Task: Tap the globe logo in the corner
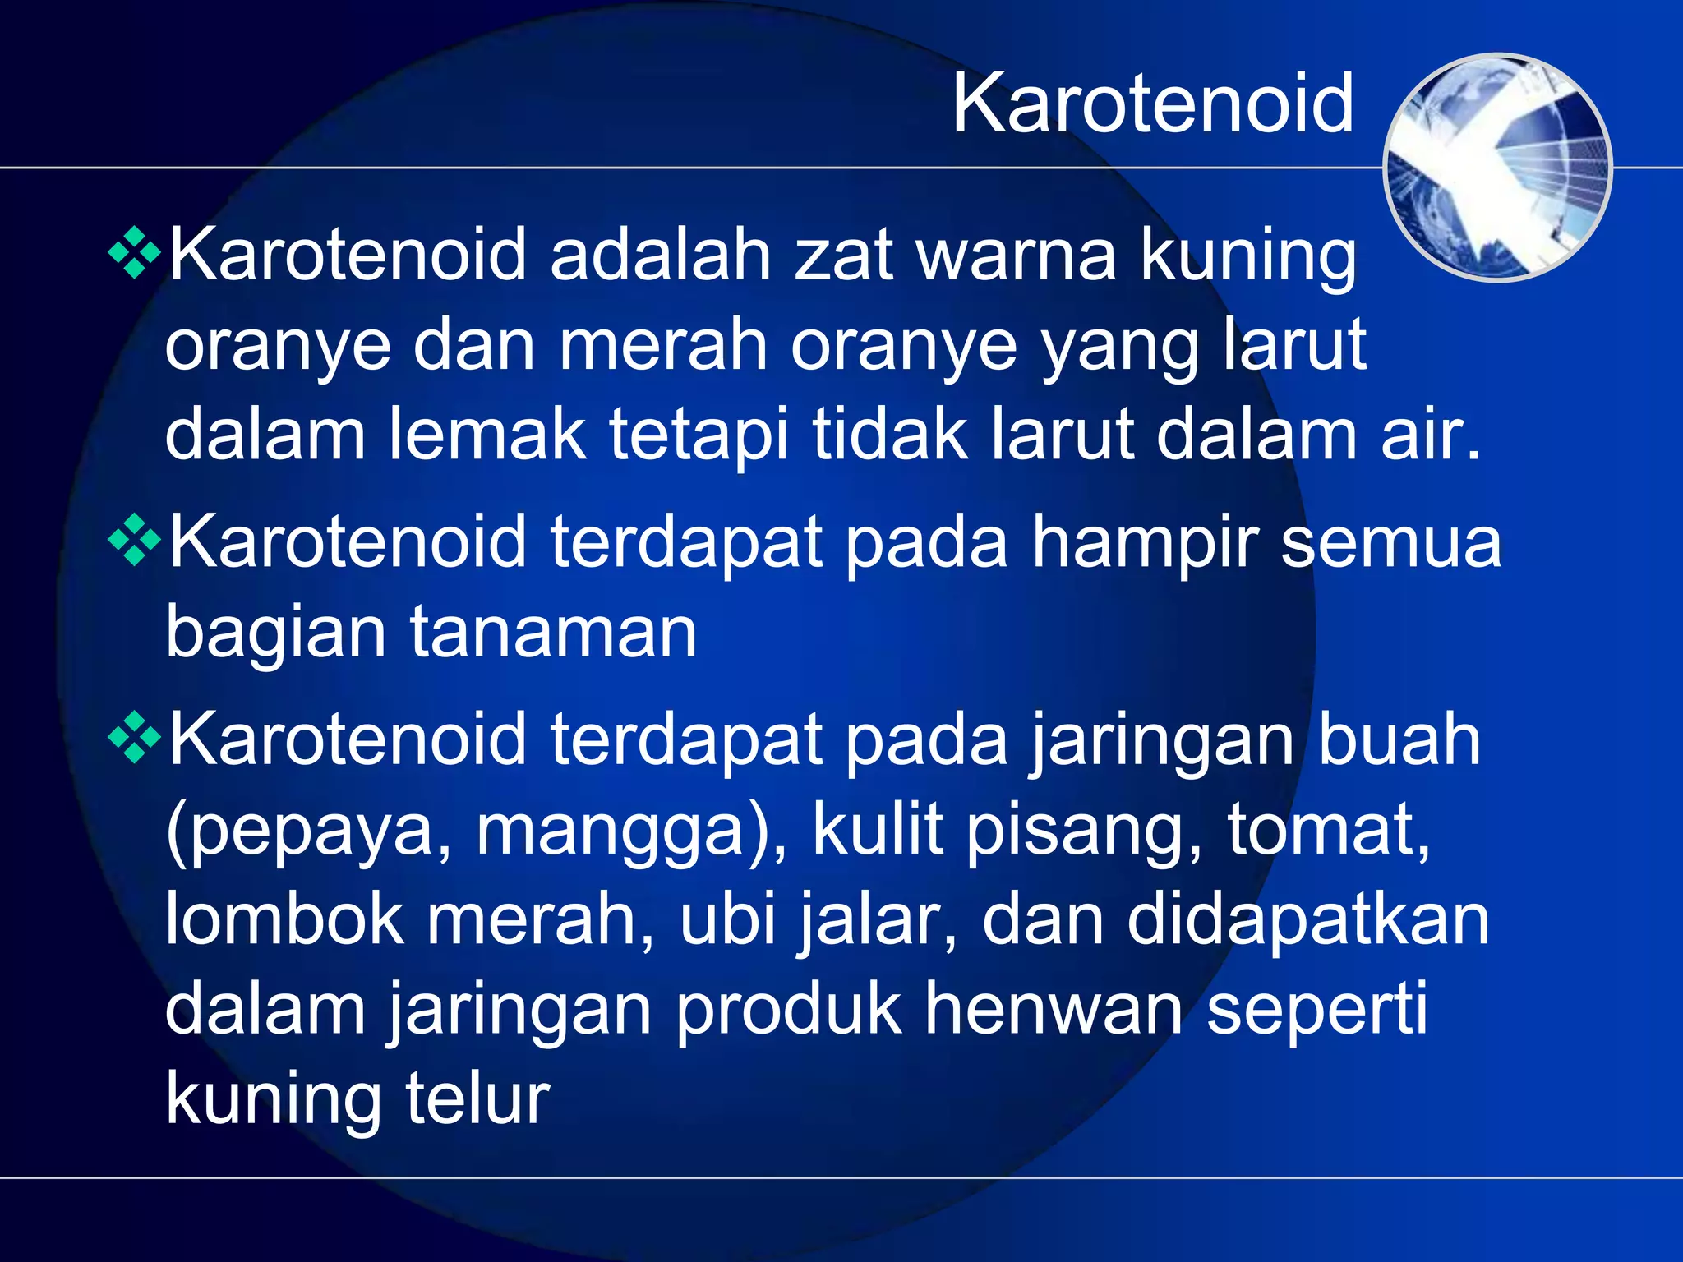1497,167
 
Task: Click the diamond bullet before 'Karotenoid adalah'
134,256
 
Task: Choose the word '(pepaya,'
309,831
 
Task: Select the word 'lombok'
284,920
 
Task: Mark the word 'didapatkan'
1307,920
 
